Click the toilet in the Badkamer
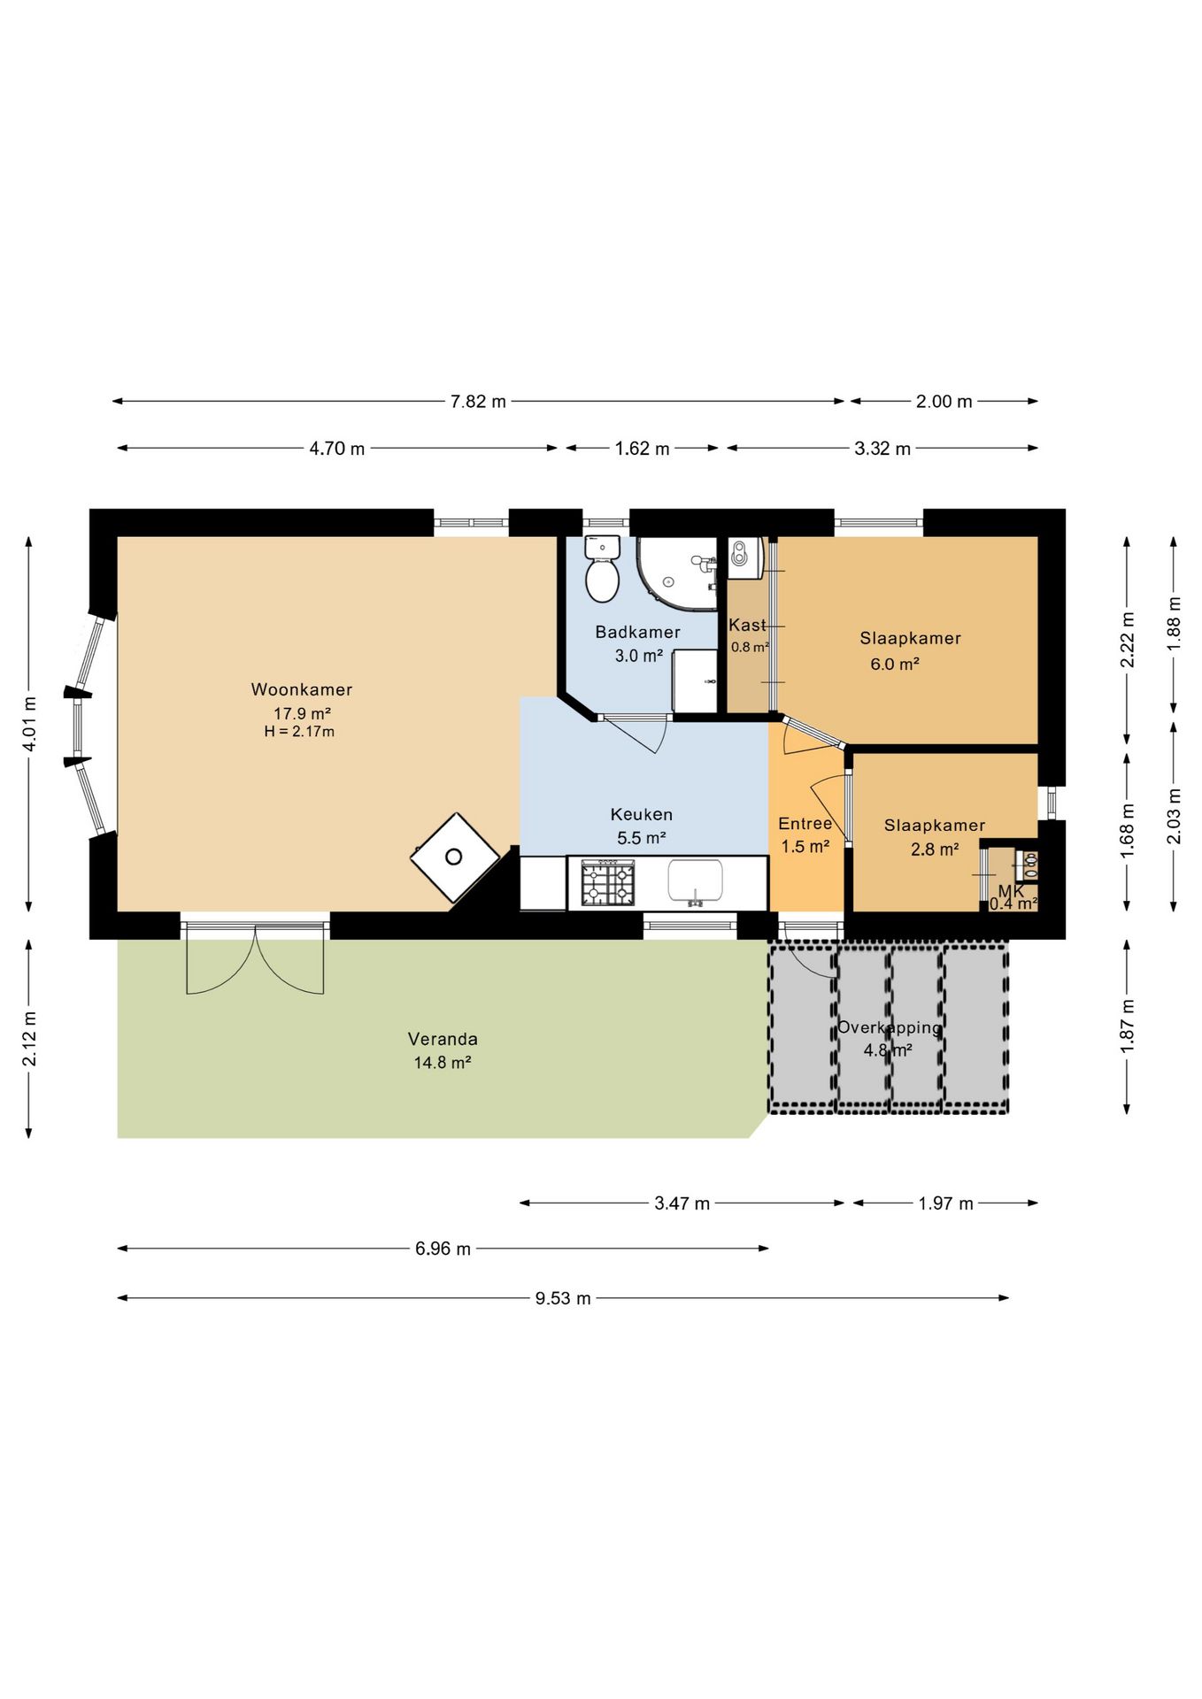point(602,568)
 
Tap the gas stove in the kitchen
point(608,883)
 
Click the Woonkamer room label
point(302,689)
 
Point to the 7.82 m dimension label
point(478,402)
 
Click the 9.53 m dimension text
point(563,1298)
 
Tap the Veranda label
point(443,1039)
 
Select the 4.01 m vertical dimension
point(29,724)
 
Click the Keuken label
point(642,814)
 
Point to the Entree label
point(805,824)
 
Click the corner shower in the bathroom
point(677,573)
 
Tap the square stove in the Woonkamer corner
point(455,857)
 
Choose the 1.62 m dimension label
point(643,449)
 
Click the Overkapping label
point(890,1027)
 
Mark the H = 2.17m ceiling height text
point(299,732)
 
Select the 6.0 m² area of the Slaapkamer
point(895,664)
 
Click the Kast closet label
point(748,625)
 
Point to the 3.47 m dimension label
point(682,1203)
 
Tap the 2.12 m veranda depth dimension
point(29,1039)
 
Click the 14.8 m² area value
point(443,1063)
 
